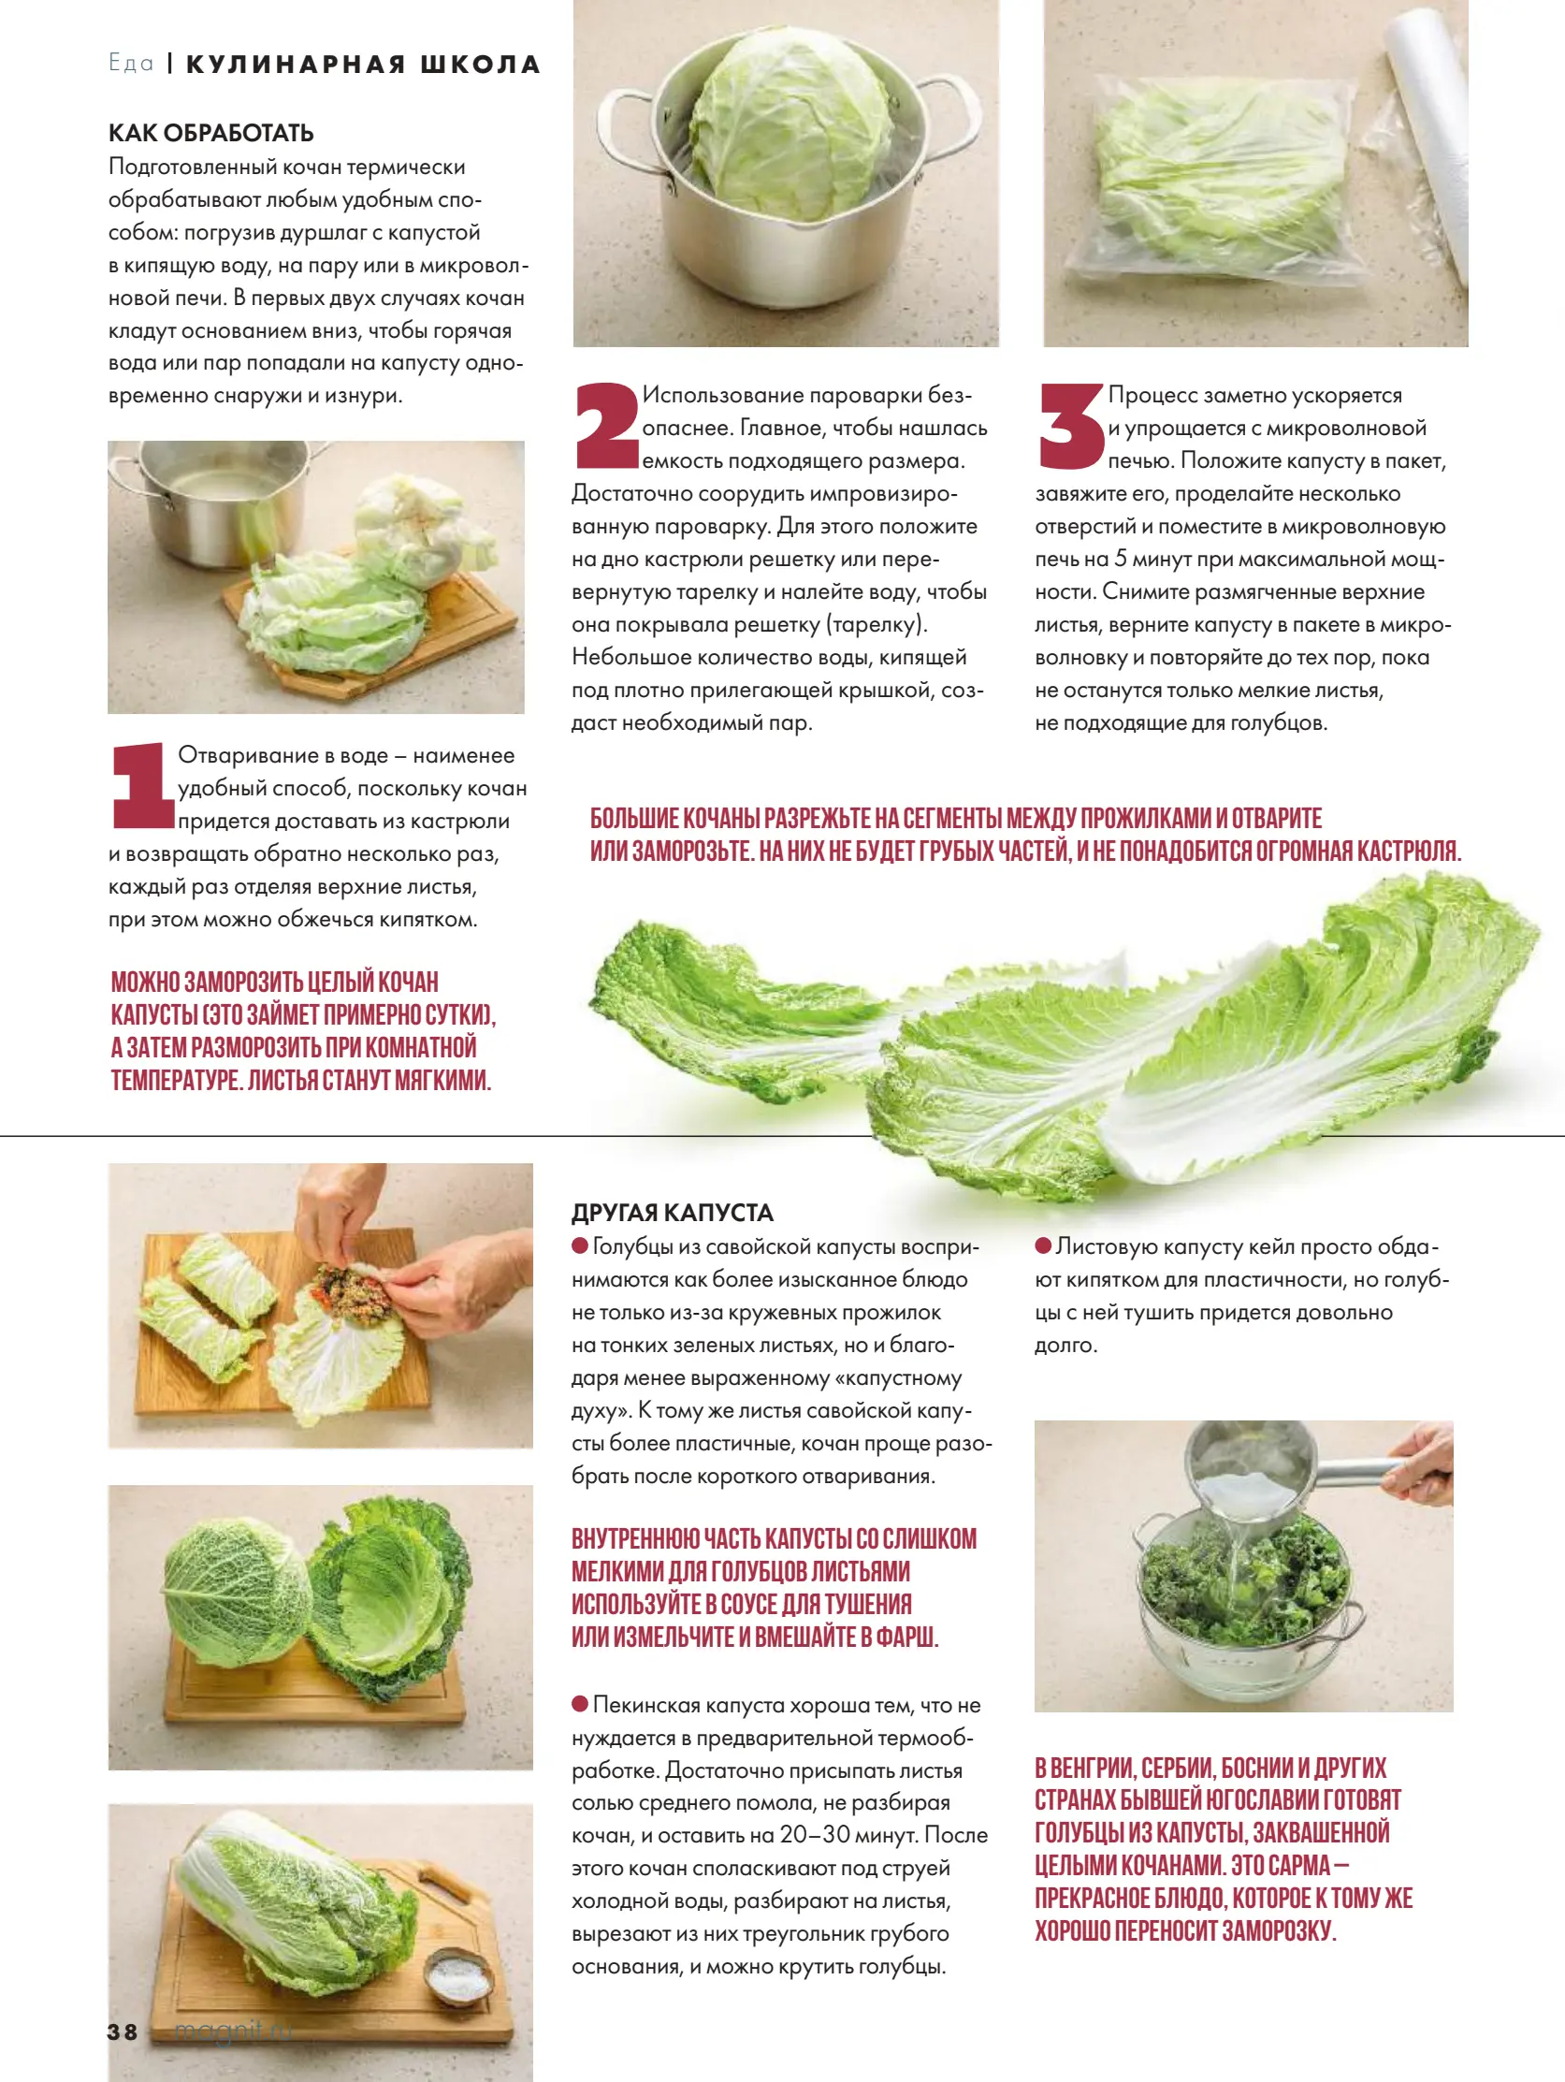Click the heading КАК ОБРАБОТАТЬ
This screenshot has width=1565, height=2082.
click(x=210, y=133)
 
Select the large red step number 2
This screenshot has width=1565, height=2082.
click(x=607, y=426)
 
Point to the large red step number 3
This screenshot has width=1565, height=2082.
click(x=1071, y=426)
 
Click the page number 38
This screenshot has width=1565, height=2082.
click(x=123, y=2032)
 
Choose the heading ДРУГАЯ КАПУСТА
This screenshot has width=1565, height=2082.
click(x=672, y=1213)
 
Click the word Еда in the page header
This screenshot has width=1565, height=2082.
click(x=131, y=63)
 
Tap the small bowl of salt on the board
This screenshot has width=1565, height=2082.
click(x=459, y=1973)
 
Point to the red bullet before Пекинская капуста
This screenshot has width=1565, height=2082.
click(x=580, y=1704)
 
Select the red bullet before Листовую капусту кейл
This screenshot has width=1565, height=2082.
click(x=1043, y=1245)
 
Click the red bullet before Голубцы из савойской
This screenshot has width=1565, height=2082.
click(x=580, y=1245)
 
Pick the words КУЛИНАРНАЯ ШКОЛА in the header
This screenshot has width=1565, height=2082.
click(x=363, y=64)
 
